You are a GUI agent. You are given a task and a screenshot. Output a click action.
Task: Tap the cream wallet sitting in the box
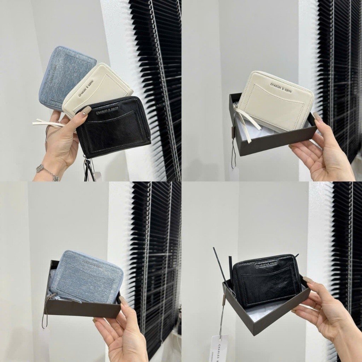pyautogui.click(x=276, y=101)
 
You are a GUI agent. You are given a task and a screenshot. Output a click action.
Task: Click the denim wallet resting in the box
pyautogui.click(x=87, y=278)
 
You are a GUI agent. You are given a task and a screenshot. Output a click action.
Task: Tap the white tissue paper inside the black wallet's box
pyautogui.click(x=262, y=313)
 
